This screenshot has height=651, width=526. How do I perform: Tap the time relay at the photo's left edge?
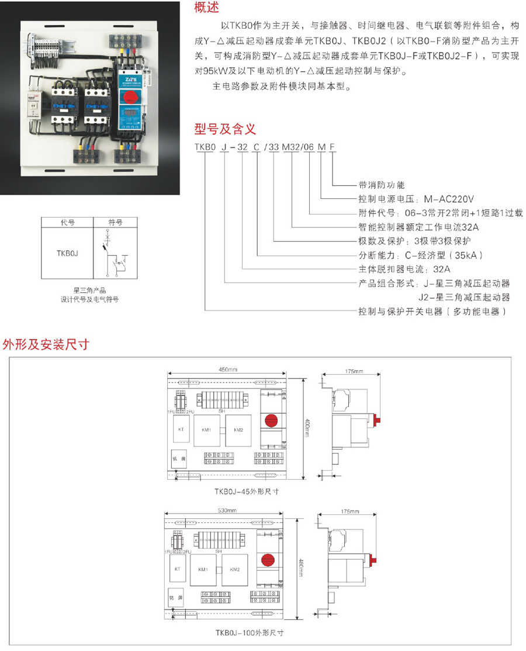33,105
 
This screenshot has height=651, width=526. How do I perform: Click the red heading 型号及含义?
224,129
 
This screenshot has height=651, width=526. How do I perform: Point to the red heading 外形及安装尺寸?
46,344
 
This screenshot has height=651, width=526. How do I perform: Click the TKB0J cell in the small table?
67,253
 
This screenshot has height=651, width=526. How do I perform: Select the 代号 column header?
67,222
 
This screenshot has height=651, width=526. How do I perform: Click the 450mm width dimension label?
228,370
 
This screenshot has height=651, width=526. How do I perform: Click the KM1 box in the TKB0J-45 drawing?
206,430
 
